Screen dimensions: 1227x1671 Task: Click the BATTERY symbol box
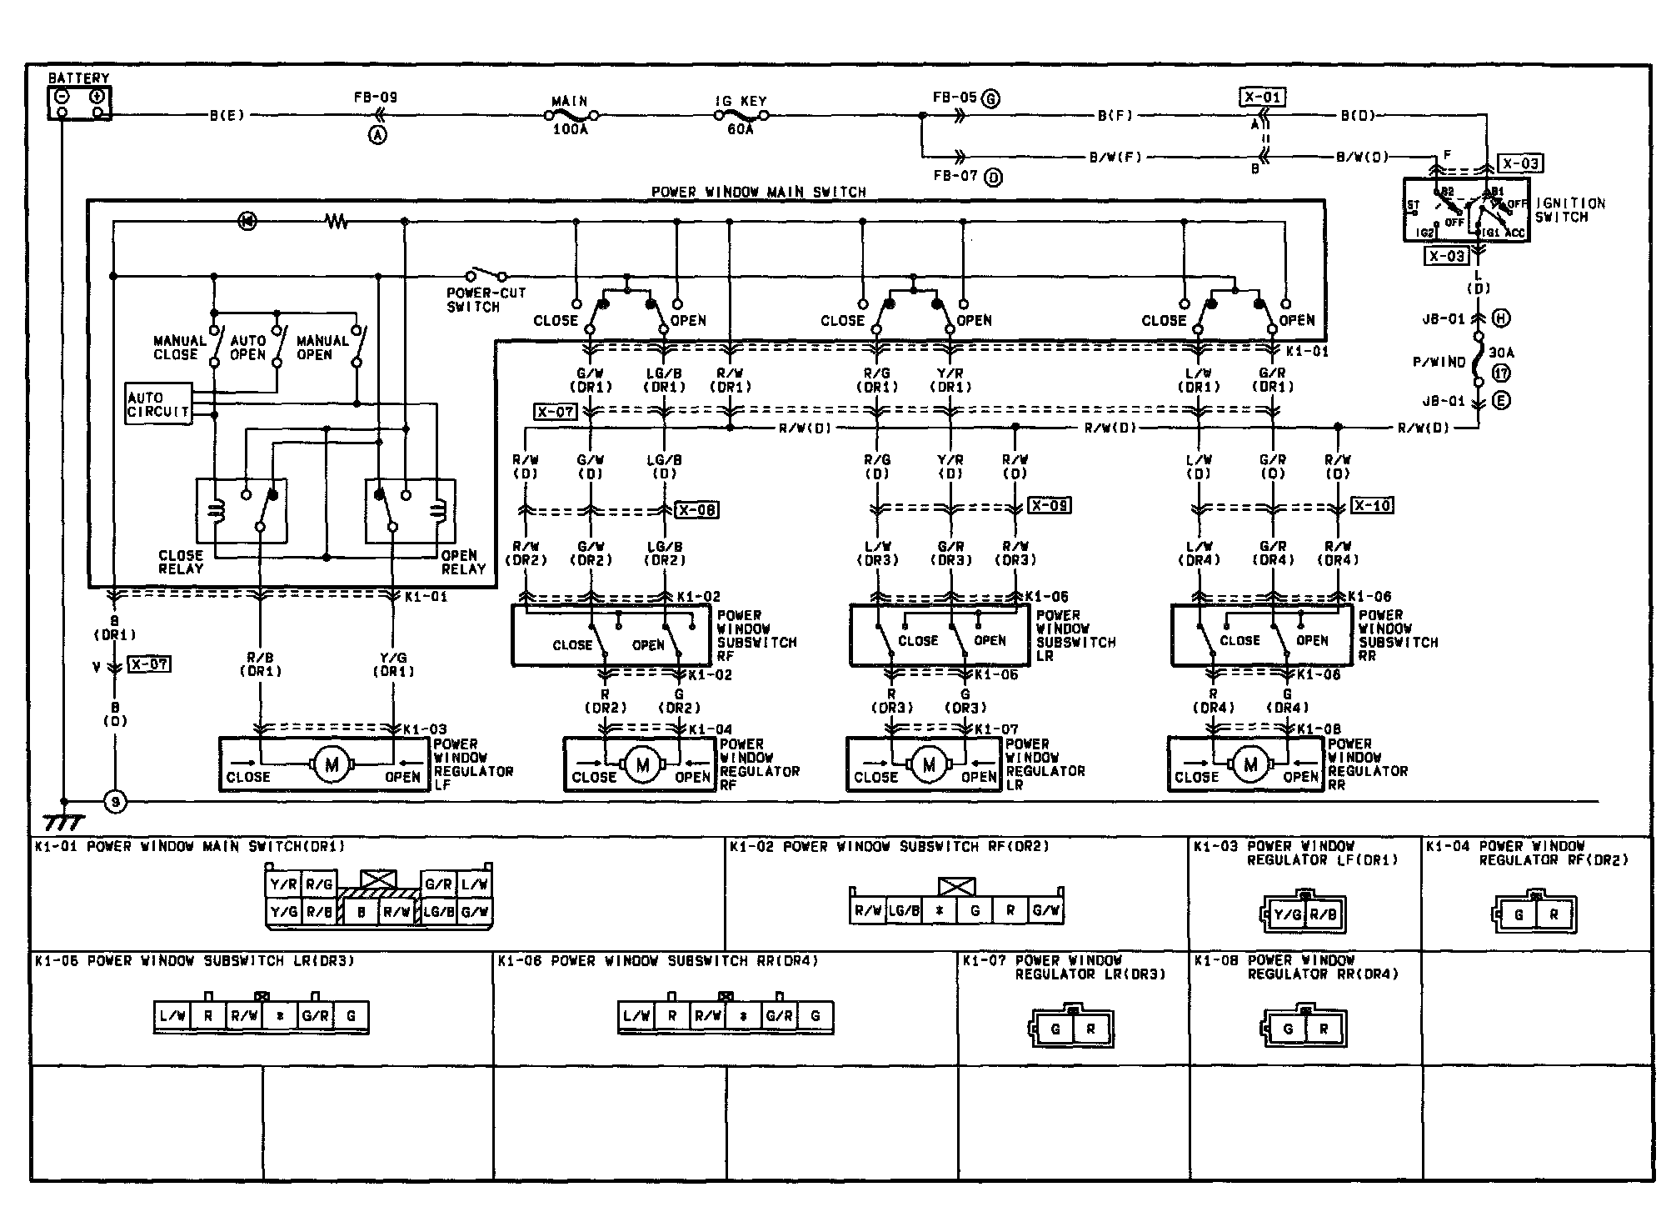pos(78,103)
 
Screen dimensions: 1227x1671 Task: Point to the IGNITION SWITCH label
pos(1569,210)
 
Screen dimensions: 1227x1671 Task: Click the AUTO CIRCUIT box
pos(158,404)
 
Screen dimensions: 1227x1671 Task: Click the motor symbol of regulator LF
pos(332,764)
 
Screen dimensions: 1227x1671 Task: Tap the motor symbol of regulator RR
pos(1250,764)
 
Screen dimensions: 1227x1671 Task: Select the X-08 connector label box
pos(696,509)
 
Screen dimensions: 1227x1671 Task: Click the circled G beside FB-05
pos(990,98)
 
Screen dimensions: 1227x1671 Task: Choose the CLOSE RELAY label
pos(181,562)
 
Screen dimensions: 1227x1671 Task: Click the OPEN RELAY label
pos(463,562)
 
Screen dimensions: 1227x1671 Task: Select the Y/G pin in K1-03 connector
pos(1288,915)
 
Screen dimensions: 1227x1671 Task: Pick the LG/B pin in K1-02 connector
pos(903,911)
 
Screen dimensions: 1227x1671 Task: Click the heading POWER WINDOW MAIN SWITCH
pos(758,192)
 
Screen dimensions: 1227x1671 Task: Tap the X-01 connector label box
pos(1261,98)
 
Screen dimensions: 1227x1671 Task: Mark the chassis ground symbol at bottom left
pos(63,822)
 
